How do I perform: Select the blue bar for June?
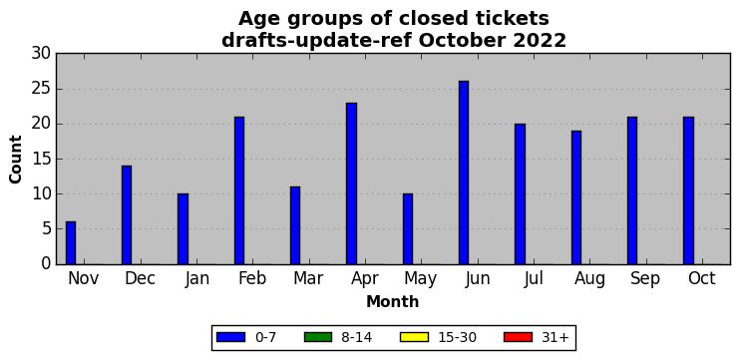point(464,173)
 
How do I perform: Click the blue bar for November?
point(71,243)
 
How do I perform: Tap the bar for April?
point(352,183)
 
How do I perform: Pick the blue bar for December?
point(127,215)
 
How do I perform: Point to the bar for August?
point(576,197)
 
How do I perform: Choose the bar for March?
point(295,225)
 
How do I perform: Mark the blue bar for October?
point(688,190)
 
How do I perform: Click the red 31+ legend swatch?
point(518,337)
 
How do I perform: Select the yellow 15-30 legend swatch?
point(414,337)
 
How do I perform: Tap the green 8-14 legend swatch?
point(318,337)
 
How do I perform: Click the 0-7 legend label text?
point(265,338)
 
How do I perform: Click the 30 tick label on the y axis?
point(41,54)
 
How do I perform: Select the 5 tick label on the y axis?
point(46,229)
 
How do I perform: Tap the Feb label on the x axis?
point(252,279)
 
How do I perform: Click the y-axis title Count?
point(16,159)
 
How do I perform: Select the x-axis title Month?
point(393,301)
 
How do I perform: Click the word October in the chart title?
point(461,41)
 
